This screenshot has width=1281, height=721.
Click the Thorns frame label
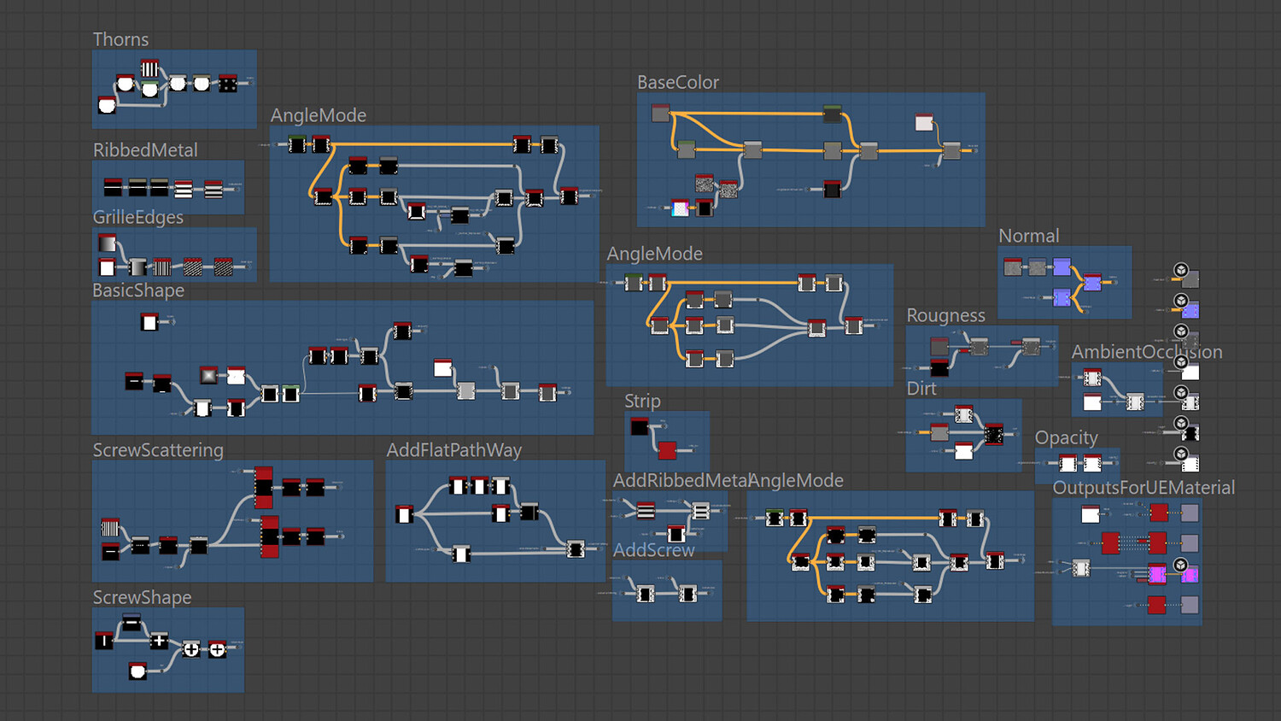(x=120, y=39)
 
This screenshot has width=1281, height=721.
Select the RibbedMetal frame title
(x=145, y=150)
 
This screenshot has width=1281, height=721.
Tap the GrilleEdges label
(x=138, y=218)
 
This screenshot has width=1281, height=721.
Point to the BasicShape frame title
(x=138, y=290)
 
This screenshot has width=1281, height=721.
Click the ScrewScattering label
(x=158, y=450)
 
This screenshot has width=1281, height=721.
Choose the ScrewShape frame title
(x=142, y=597)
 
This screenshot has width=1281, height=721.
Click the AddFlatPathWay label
(x=453, y=450)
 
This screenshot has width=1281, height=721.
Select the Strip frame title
(x=642, y=401)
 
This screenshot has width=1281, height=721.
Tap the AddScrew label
(x=654, y=550)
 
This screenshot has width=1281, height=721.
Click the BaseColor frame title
(x=678, y=82)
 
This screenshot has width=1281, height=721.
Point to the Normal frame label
(x=1028, y=236)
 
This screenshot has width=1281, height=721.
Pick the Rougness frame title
(x=945, y=315)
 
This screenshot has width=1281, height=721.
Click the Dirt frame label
(x=921, y=389)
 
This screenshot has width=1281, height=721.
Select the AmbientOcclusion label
(x=1146, y=352)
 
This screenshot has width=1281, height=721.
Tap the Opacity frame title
(x=1066, y=437)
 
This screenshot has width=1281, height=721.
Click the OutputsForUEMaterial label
(x=1144, y=488)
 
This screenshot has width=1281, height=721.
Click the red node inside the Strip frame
(x=667, y=449)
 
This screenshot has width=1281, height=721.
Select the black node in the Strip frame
(x=640, y=425)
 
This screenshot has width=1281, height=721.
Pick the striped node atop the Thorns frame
(x=149, y=68)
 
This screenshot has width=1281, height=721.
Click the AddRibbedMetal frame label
(x=680, y=481)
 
